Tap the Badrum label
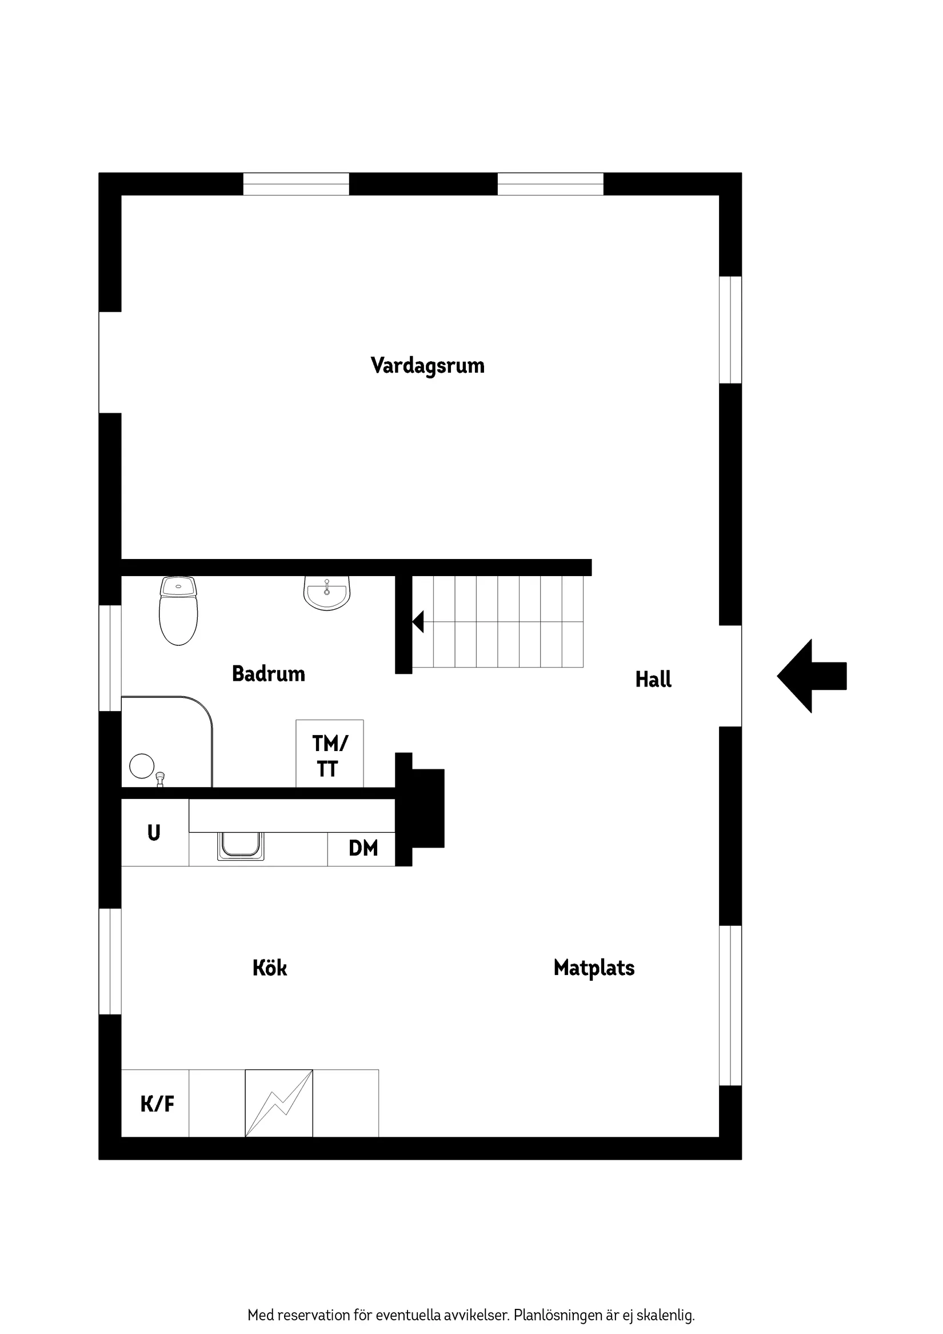tap(269, 674)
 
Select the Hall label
tap(653, 679)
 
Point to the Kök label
tap(270, 968)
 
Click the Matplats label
tap(594, 968)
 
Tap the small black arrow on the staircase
tap(418, 622)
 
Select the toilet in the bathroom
tap(178, 611)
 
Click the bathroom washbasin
tap(327, 594)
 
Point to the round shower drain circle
tap(142, 766)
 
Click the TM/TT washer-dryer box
tap(329, 754)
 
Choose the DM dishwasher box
tap(362, 848)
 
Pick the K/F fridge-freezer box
tap(155, 1103)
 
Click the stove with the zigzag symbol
tap(279, 1103)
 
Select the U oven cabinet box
tap(154, 833)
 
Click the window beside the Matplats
tap(730, 1005)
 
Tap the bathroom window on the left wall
tap(110, 658)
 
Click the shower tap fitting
tap(161, 779)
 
